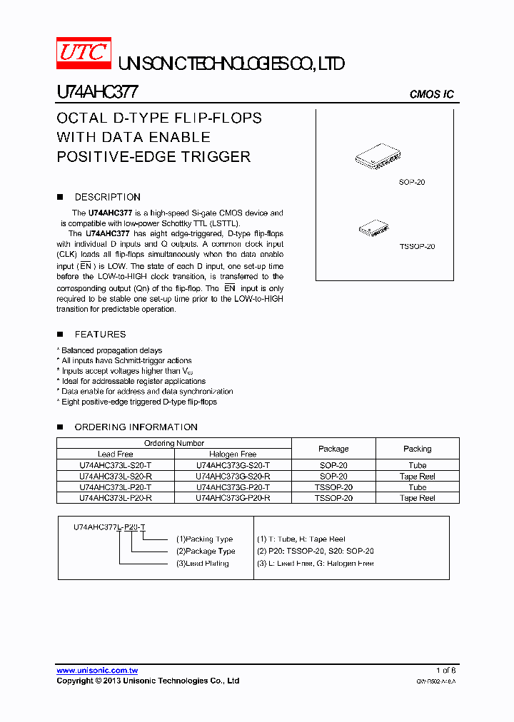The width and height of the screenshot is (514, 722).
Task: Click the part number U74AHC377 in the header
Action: pos(97,93)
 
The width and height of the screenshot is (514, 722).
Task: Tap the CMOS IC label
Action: pos(431,94)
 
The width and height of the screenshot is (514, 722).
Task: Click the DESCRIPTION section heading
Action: pos(107,197)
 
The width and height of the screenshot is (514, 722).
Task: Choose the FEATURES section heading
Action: pos(100,334)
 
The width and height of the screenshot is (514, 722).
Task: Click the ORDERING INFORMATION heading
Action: pos(136,427)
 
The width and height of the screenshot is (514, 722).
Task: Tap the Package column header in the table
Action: pos(333,449)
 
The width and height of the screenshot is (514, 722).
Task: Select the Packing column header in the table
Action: pos(417,449)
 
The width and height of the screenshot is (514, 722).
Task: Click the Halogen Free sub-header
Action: pos(233,454)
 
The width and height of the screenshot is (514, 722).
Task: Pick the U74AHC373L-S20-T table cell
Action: pos(116,465)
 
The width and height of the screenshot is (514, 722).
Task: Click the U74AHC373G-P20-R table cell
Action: pos(233,498)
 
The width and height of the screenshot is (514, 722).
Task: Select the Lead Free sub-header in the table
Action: pos(116,454)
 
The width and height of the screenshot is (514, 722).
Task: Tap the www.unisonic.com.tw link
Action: pos(97,671)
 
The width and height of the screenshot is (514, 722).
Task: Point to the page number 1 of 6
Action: pos(445,671)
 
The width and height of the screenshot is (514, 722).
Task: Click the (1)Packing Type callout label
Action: pos(204,539)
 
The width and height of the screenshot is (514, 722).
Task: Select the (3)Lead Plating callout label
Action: pos(202,564)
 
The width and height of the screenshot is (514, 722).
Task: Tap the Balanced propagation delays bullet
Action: pos(111,350)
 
